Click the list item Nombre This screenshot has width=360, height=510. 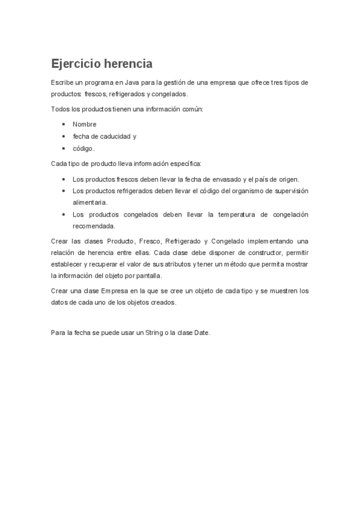[x=85, y=124]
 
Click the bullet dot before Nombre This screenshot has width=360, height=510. [x=64, y=124]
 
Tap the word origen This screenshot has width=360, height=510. [x=285, y=179]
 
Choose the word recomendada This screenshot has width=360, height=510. [x=94, y=227]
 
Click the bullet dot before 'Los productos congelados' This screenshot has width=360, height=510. [x=64, y=215]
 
